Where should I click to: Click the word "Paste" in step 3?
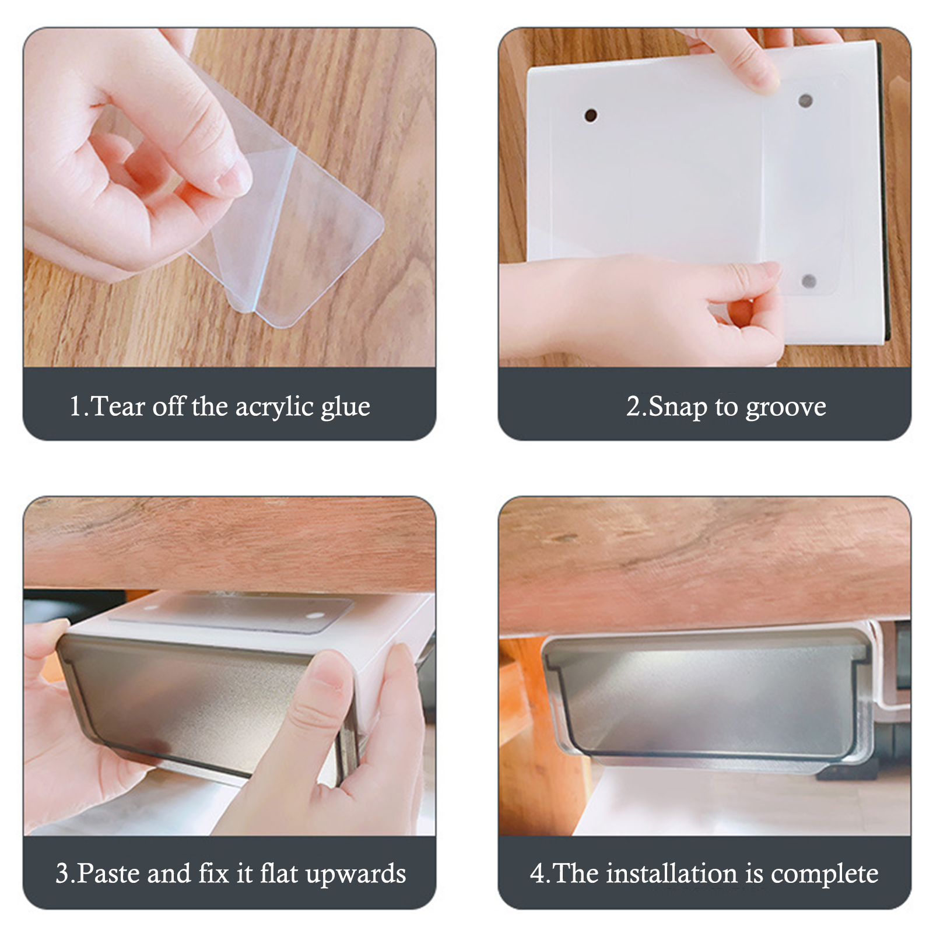coord(108,873)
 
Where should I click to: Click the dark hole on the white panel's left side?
coord(591,115)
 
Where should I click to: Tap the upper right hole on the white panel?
coord(805,101)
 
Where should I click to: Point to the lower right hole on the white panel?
coord(809,282)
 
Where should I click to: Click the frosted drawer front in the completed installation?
coord(708,700)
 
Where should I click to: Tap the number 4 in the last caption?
coord(536,874)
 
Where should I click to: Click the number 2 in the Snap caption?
coord(633,406)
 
